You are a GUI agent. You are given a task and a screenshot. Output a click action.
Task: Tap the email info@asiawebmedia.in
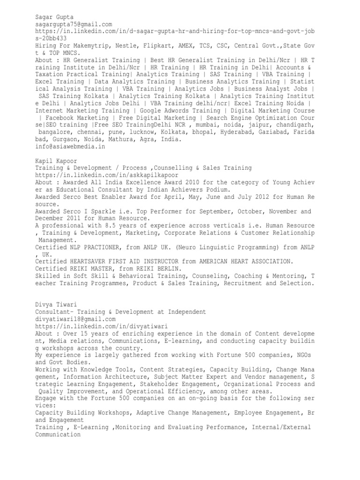coord(70,146)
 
